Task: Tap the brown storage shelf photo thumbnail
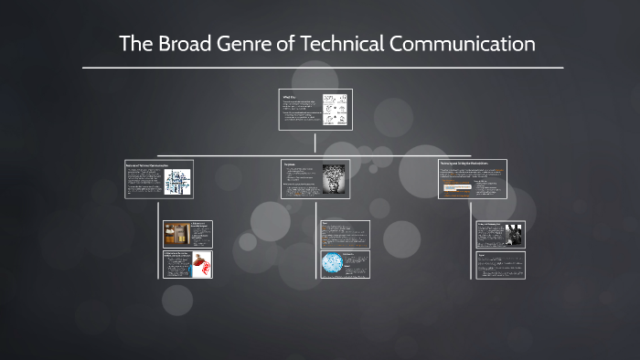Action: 176,233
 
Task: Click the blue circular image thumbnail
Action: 331,263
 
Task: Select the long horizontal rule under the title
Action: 322,68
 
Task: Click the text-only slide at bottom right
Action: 500,265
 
